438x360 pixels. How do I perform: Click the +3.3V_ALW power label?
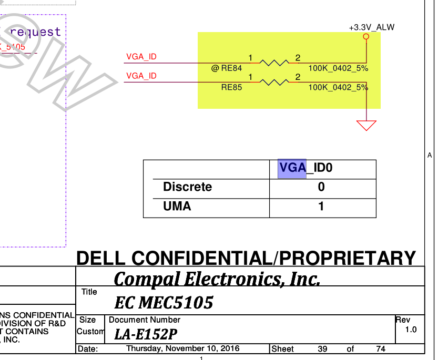pyautogui.click(x=371, y=27)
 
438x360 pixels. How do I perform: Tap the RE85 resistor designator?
pyautogui.click(x=231, y=88)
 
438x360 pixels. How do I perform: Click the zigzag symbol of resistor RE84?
pyautogui.click(x=274, y=63)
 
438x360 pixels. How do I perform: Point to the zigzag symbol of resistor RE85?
pyautogui.click(x=274, y=83)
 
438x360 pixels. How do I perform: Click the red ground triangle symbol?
pyautogui.click(x=366, y=125)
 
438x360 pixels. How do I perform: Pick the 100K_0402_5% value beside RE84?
pyautogui.click(x=338, y=68)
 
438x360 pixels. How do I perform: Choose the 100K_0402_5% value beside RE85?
pyautogui.click(x=338, y=88)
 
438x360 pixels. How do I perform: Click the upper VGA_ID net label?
pyautogui.click(x=141, y=57)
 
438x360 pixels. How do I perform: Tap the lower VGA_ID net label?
pyautogui.click(x=141, y=76)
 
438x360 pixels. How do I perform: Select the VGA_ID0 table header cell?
pyautogui.click(x=306, y=168)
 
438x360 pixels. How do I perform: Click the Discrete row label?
pyautogui.click(x=188, y=187)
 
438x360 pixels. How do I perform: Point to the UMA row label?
pyautogui.click(x=177, y=207)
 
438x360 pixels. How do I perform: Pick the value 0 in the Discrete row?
pyautogui.click(x=321, y=187)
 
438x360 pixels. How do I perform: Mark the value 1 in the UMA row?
pyautogui.click(x=321, y=207)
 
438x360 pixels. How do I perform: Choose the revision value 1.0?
pyautogui.click(x=411, y=330)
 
